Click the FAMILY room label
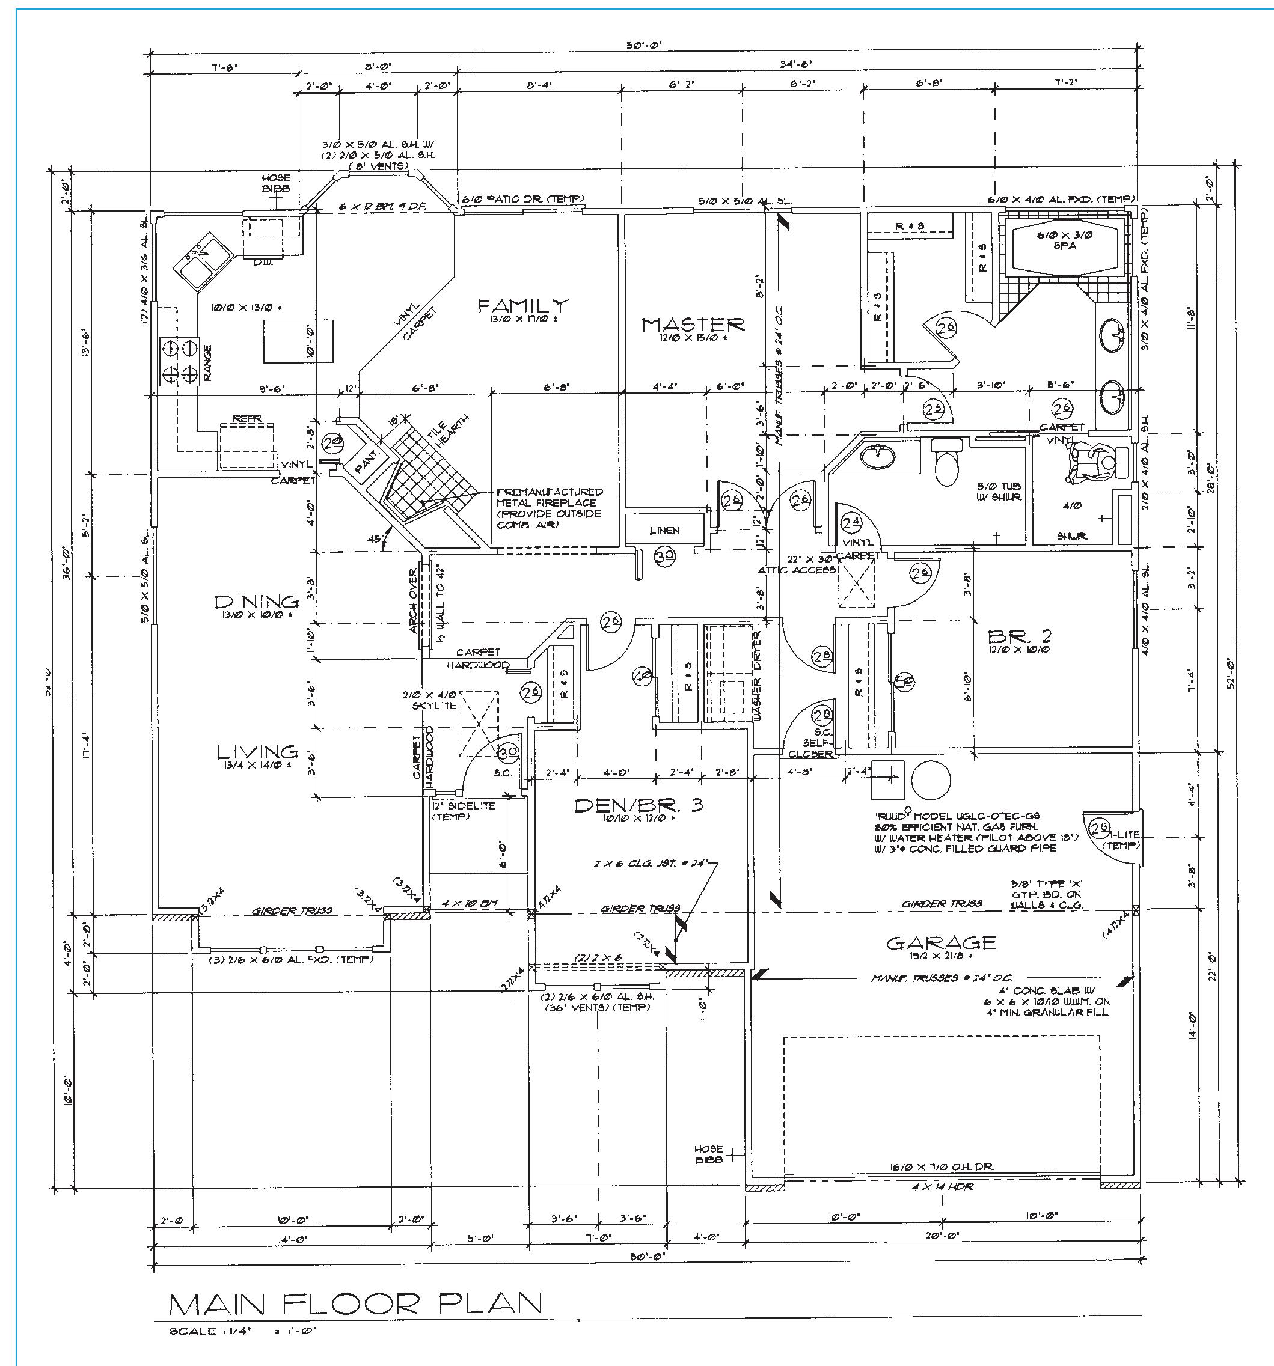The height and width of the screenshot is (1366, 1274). click(523, 305)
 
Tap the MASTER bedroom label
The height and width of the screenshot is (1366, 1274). click(693, 324)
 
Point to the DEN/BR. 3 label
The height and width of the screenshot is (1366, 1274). click(638, 805)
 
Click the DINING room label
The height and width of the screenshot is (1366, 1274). click(257, 602)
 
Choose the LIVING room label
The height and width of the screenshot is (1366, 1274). click(258, 752)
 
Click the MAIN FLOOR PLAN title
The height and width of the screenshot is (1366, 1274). click(355, 1303)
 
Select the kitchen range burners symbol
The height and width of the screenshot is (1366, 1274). click(179, 361)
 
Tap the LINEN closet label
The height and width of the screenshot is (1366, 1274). click(664, 531)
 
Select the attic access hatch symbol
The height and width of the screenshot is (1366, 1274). click(857, 584)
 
